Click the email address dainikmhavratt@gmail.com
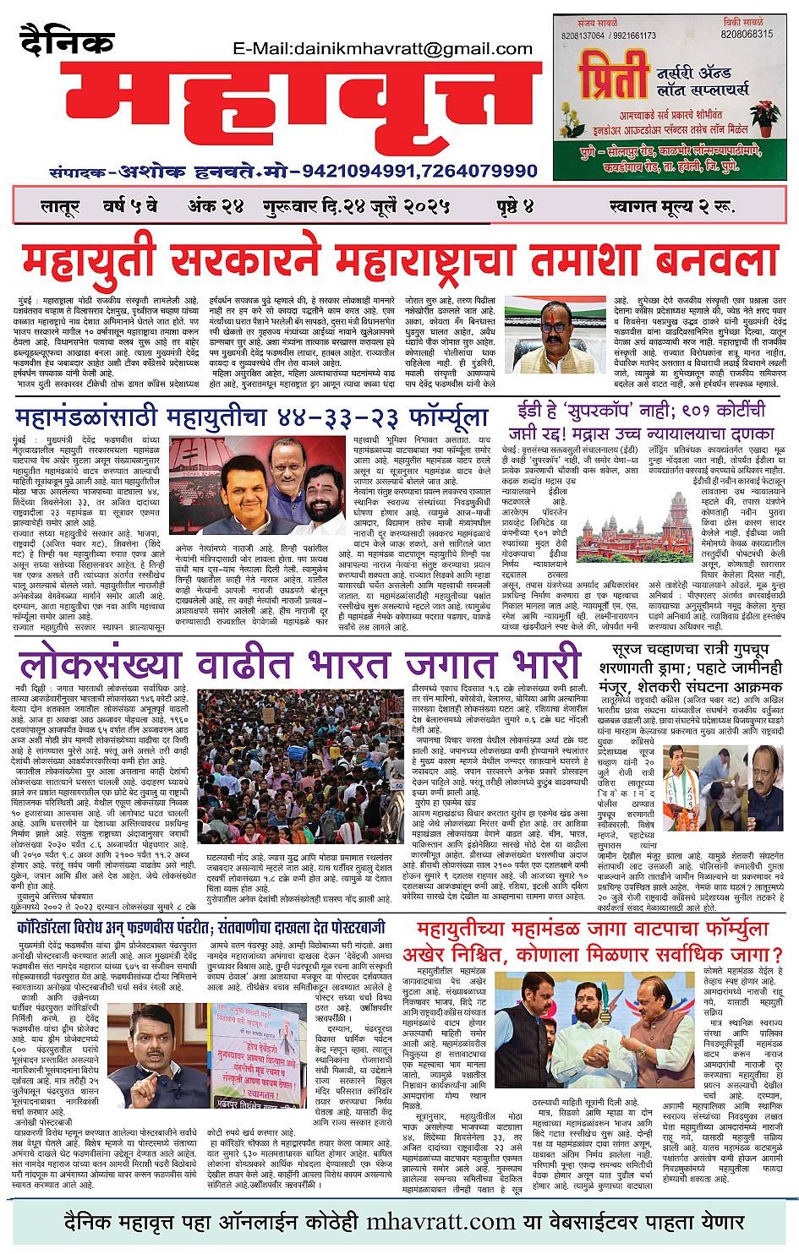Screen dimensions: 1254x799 (382, 50)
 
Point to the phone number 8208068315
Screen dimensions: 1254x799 (747, 35)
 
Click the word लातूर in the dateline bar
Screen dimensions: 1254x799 (59, 206)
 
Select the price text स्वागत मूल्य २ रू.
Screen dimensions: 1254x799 (671, 206)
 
